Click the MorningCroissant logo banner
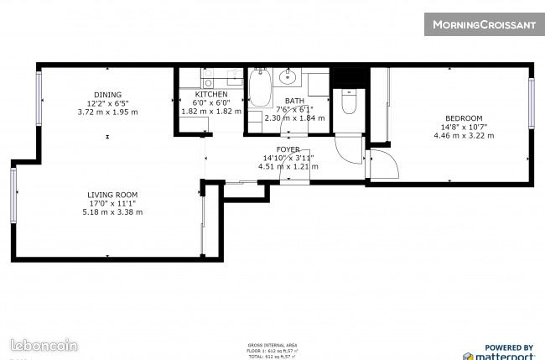pos(484,24)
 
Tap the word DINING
pos(107,95)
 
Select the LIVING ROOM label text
pos(112,195)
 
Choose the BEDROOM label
pos(464,117)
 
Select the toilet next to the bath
pos(350,102)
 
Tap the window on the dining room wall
pos(39,99)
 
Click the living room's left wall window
pos(13,195)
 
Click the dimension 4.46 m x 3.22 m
pos(462,135)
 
